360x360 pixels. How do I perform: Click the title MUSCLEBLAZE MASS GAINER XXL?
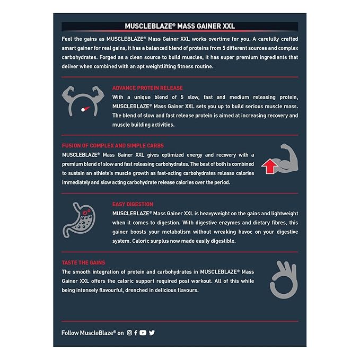tap(180, 26)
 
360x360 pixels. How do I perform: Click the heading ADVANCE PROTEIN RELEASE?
tap(147, 88)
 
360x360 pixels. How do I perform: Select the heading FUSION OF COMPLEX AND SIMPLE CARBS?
tap(113, 146)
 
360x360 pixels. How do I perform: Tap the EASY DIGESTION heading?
tap(133, 204)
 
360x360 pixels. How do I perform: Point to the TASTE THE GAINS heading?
tap(83, 262)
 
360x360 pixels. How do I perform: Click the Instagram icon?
tap(129, 332)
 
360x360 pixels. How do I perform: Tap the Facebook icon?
tap(136, 332)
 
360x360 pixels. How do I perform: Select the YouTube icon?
tap(143, 332)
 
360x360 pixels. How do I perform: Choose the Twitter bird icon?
tap(152, 332)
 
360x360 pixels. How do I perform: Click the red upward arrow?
tap(269, 166)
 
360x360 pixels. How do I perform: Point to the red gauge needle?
tap(86, 109)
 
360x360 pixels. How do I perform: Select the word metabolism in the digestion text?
tap(177, 232)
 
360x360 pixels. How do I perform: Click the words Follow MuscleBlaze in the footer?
tap(87, 333)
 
